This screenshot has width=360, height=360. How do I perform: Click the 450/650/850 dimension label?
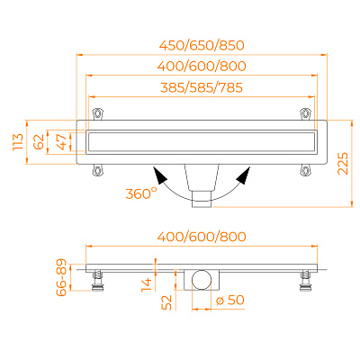point(202,45)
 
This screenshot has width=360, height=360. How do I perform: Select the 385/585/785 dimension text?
point(202,87)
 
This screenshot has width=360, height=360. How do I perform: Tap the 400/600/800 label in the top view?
point(202,66)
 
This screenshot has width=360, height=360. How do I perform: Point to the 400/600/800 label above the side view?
point(202,237)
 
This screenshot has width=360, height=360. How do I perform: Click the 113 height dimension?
point(18,142)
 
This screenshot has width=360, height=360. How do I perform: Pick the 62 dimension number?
point(39,142)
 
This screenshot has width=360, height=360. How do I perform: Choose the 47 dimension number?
point(62,142)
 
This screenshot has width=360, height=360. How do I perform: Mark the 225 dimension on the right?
point(343,164)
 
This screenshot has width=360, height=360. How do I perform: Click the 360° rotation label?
point(141,193)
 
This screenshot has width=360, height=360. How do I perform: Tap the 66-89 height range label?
point(62,277)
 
